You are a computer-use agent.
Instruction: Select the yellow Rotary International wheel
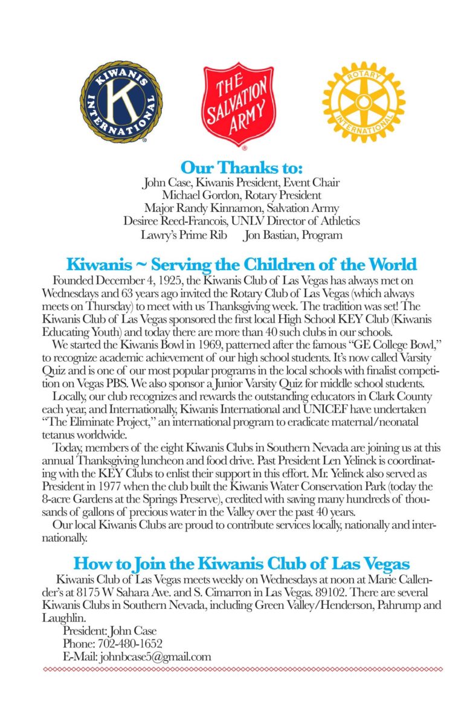pyautogui.click(x=355, y=101)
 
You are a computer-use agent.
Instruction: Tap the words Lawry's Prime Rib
pyautogui.click(x=184, y=235)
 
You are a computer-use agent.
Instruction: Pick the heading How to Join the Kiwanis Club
pyautogui.click(x=241, y=564)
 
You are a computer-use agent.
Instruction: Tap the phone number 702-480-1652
pyautogui.click(x=127, y=644)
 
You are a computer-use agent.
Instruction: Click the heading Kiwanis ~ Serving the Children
pyautogui.click(x=241, y=265)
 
